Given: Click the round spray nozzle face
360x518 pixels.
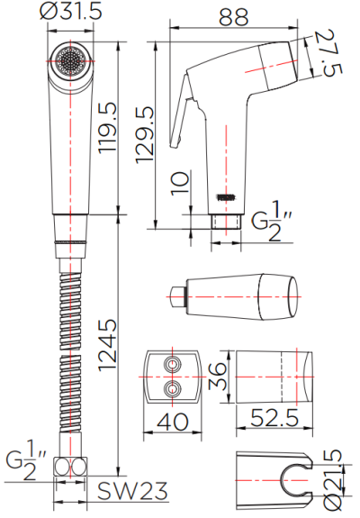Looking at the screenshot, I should pyautogui.click(x=68, y=60).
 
